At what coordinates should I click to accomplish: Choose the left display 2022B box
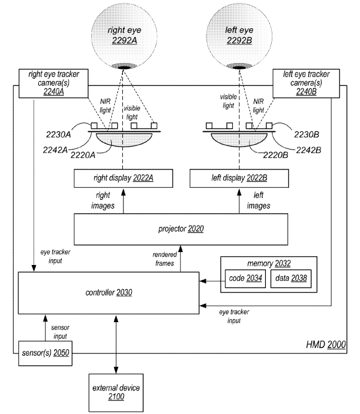(238, 176)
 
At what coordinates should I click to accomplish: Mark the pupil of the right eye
(124, 67)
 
